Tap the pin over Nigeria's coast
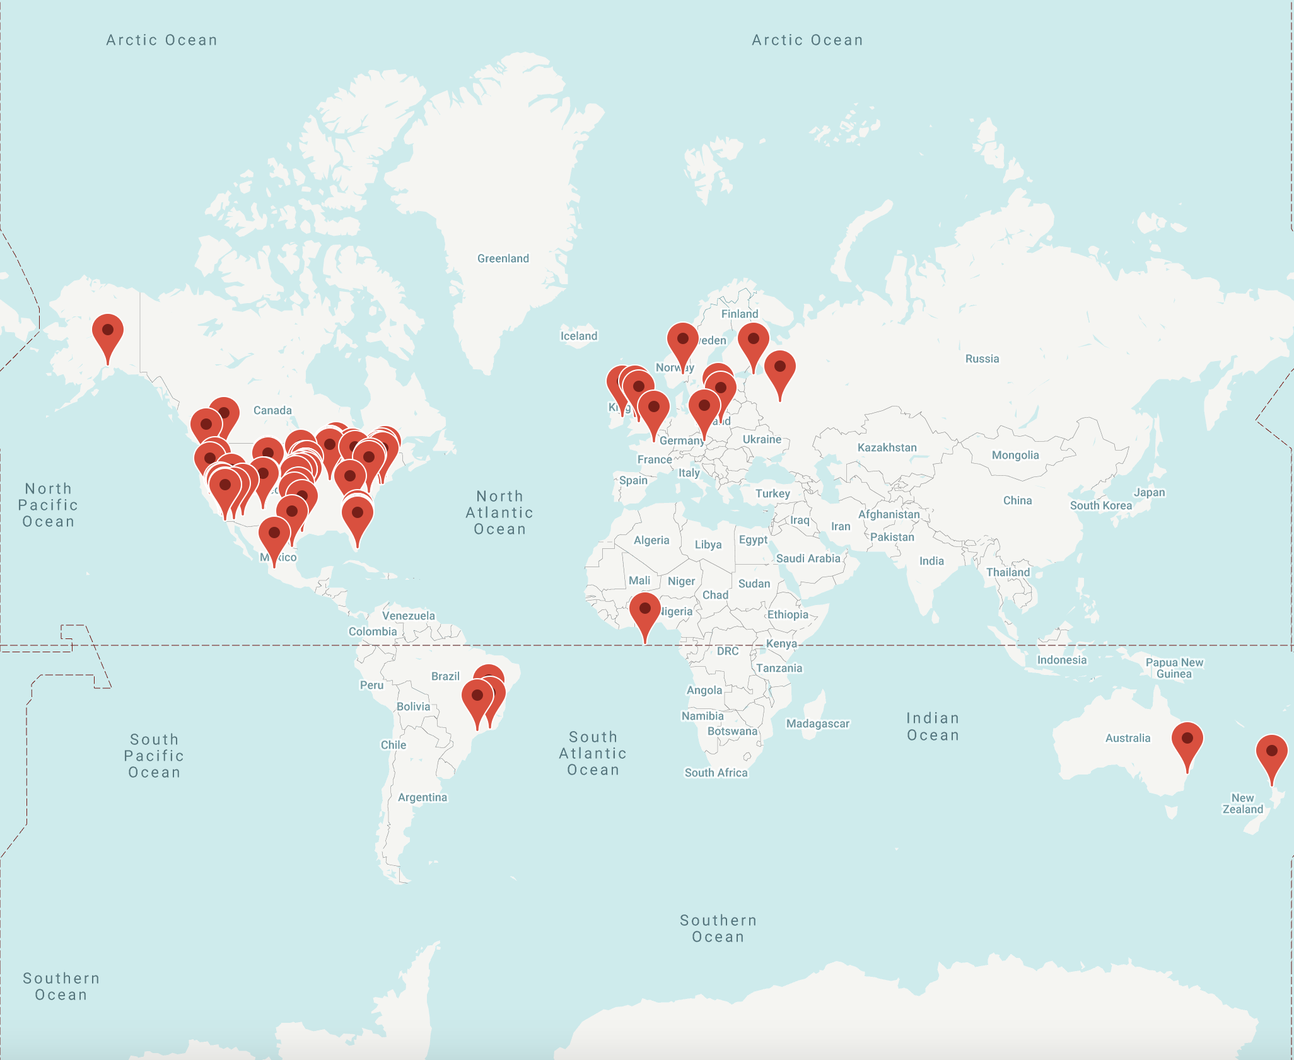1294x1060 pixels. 645,611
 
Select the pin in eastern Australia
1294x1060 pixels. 1187,740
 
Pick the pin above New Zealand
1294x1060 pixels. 1272,753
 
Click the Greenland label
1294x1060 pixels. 503,258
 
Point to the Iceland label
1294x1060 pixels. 579,336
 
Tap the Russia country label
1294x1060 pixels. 982,359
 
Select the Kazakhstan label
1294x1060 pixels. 887,447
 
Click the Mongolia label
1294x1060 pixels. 1015,455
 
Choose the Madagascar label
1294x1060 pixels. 817,723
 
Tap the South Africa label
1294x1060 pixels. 716,773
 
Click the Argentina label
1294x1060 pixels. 422,797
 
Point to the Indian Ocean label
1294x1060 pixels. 933,727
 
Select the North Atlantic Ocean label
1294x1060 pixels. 499,512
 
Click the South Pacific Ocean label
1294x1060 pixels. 154,756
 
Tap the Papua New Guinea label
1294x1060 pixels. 1174,668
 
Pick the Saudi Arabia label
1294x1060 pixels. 808,558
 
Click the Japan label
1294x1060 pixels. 1149,492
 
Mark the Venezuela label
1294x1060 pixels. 408,616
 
